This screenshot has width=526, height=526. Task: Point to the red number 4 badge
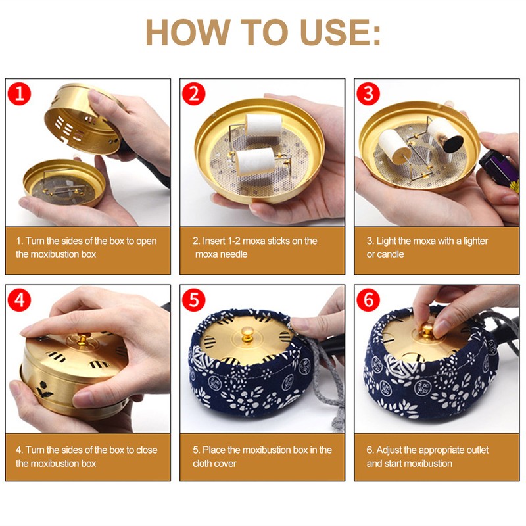19,300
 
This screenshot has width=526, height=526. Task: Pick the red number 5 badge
193,300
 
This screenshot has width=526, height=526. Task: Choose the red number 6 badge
368,300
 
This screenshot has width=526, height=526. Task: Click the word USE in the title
331,32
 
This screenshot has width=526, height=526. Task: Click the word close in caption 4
146,450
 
